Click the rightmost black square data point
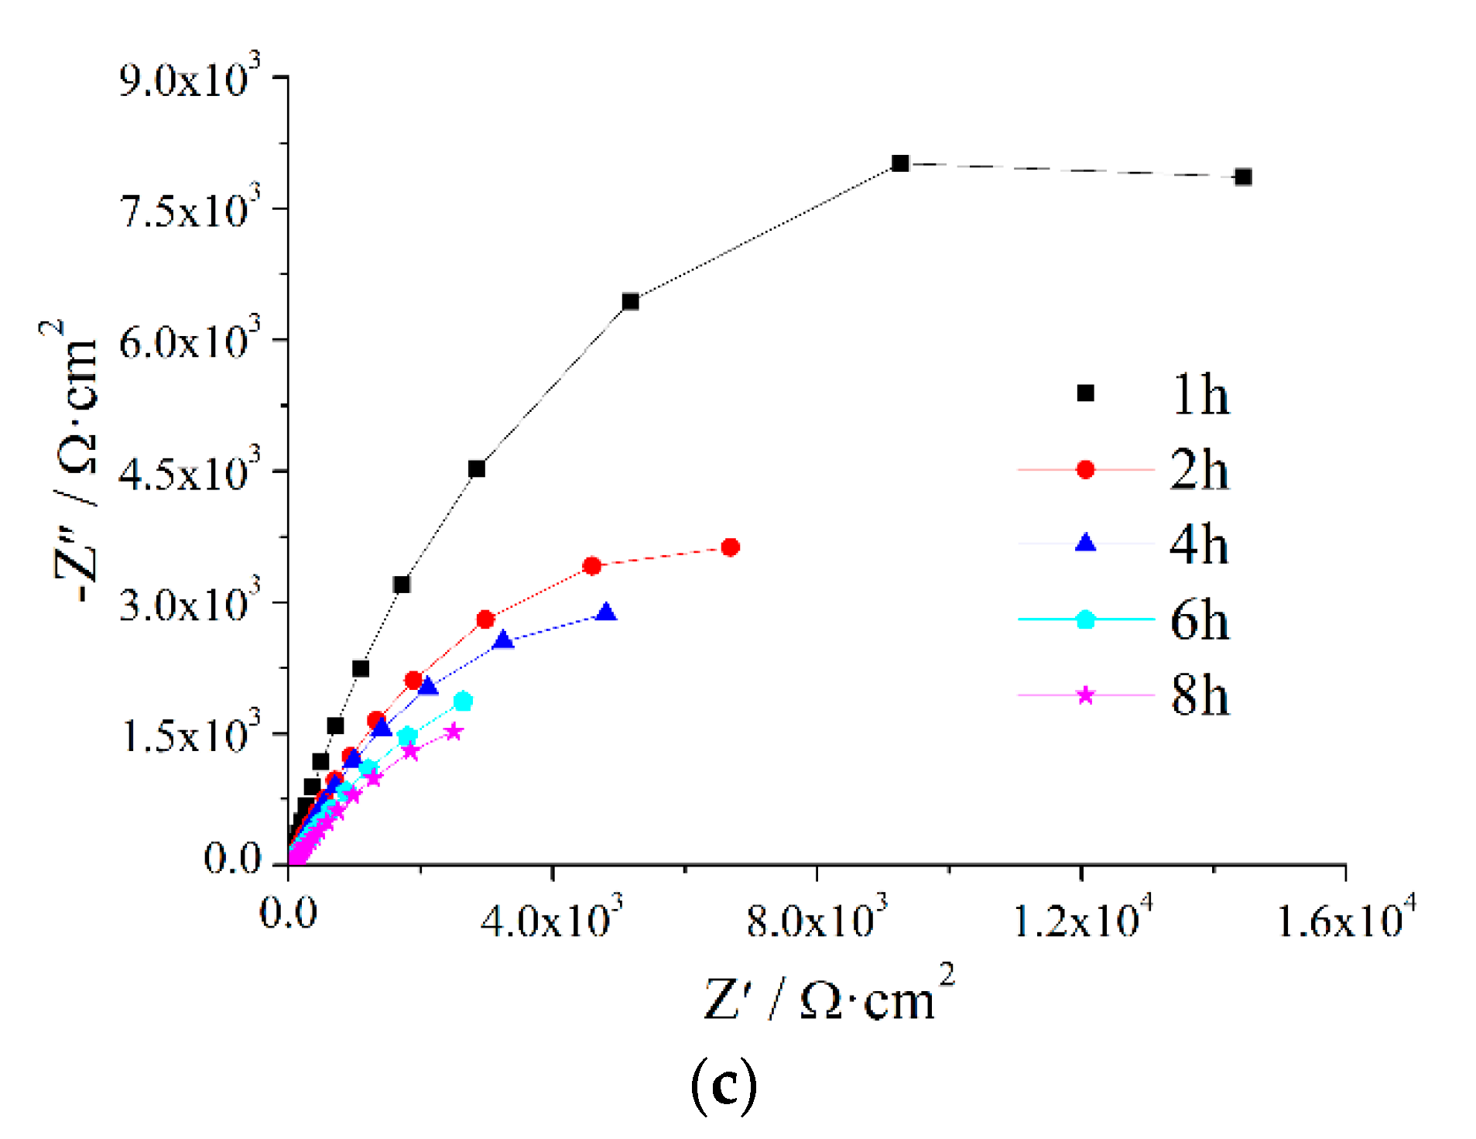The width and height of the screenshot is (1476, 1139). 1242,177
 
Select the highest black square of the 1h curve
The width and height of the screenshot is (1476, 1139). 899,163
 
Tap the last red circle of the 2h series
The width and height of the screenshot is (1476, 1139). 730,547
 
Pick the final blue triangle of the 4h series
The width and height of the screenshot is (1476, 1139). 606,613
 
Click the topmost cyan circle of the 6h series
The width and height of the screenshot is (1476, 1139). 463,702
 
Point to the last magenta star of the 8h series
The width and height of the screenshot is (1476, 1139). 454,732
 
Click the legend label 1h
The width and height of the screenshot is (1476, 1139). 1199,395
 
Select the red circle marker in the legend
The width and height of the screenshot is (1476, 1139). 1085,469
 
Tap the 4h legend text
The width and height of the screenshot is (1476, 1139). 1199,544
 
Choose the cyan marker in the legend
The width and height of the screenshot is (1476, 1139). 1085,619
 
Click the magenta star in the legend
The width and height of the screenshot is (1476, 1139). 1085,695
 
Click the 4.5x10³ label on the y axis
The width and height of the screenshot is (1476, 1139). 190,471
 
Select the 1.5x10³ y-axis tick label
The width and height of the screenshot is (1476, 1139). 190,733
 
